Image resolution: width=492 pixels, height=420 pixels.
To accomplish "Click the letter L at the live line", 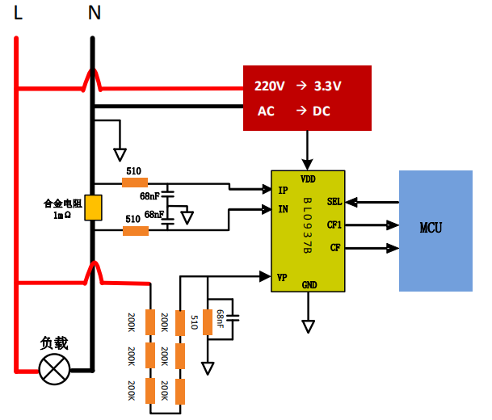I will (18, 13).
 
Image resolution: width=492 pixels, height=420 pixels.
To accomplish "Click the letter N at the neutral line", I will (95, 13).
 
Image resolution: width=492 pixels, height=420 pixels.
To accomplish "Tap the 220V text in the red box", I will (270, 86).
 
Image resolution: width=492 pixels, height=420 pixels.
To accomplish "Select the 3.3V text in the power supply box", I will (328, 86).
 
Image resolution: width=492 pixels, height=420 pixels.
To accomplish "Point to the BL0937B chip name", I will (307, 227).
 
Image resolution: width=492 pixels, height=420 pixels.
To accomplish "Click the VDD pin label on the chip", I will (308, 178).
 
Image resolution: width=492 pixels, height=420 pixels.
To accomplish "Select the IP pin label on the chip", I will (283, 191).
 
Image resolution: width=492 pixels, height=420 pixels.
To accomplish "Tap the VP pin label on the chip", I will (283, 277).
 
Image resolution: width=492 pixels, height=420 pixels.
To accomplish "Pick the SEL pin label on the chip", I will (334, 202).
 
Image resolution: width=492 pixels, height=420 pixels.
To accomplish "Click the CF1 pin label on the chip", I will (334, 225).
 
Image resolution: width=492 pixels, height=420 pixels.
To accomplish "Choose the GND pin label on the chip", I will (309, 285).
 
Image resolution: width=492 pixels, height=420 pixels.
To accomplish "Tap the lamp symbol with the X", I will (55, 371).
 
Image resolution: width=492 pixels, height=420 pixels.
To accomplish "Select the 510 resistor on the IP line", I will (135, 183).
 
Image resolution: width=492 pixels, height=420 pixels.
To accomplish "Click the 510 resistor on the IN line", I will (135, 231).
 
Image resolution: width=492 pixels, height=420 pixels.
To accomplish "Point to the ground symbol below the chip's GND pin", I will (308, 326).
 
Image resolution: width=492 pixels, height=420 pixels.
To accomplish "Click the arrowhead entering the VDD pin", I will (308, 165).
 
